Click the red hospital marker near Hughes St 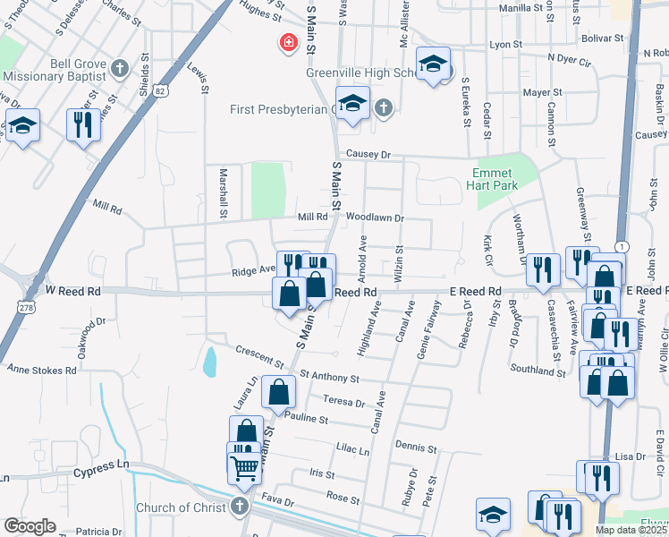[289, 42]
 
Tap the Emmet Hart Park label [492, 180]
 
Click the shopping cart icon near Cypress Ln [244, 465]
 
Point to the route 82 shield [159, 90]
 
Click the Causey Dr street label [369, 154]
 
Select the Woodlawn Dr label [376, 217]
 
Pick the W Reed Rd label [75, 290]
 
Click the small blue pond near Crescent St [209, 362]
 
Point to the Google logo [30, 526]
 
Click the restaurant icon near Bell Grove [83, 124]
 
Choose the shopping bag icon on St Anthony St [279, 391]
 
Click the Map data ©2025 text [631, 530]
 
